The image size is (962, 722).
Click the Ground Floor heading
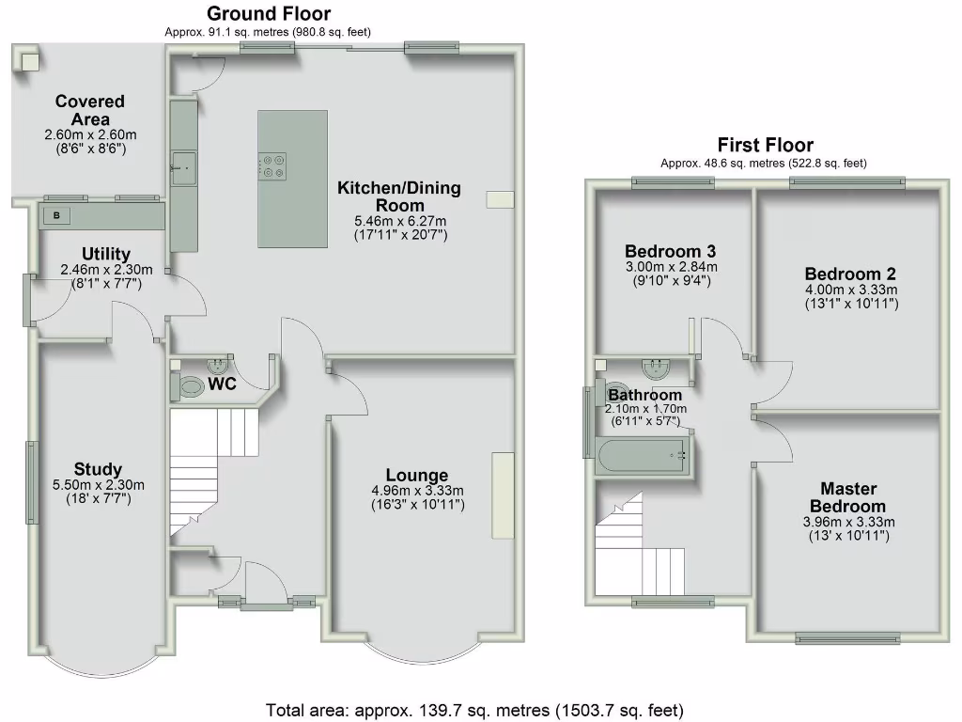[x=269, y=13]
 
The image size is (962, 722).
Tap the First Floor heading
[x=765, y=145]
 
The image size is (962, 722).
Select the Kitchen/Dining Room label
[x=399, y=196]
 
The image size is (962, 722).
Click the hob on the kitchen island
[x=273, y=165]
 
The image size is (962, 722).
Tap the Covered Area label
[x=90, y=110]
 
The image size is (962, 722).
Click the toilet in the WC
[x=191, y=385]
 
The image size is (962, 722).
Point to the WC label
[x=223, y=385]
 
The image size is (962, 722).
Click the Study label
[x=100, y=469]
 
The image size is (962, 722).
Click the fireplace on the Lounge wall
[x=503, y=496]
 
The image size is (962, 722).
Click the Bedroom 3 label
[x=671, y=251]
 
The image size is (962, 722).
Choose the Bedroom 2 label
[x=850, y=274]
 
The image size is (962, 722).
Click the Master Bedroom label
[x=848, y=497]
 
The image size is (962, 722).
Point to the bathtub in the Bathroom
[x=644, y=455]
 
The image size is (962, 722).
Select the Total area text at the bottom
[x=474, y=709]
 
